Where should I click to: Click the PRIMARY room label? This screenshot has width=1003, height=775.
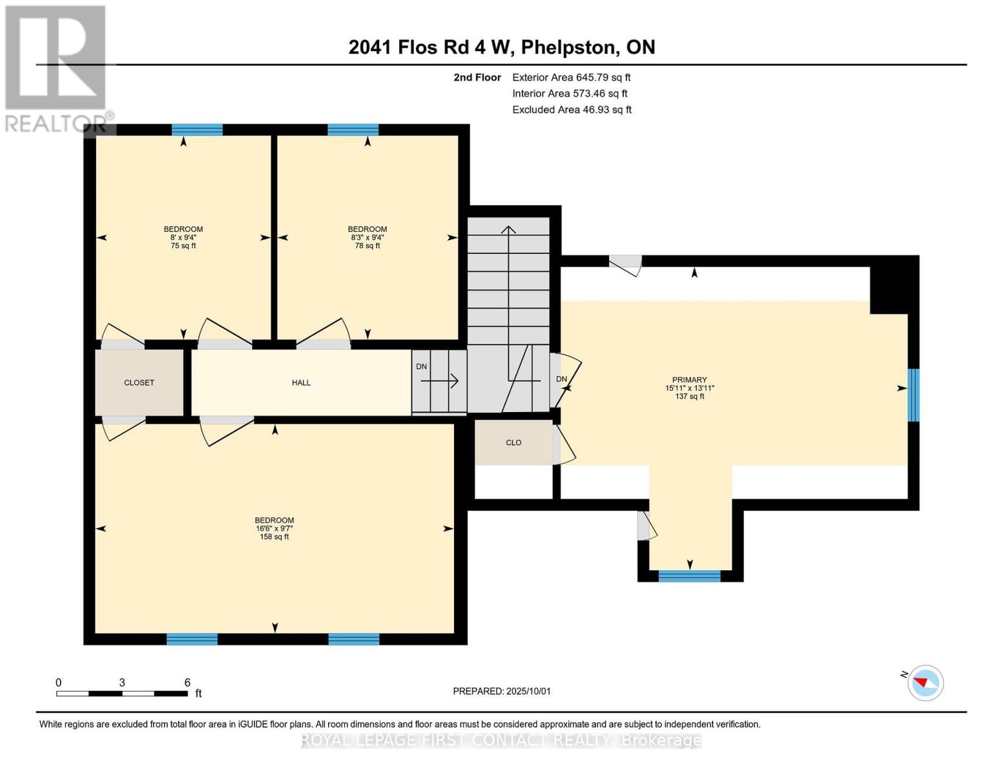tap(689, 380)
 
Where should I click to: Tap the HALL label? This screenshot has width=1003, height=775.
tap(301, 383)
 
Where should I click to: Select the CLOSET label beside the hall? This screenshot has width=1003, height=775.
tap(139, 383)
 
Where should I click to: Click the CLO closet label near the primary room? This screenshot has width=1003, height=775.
tap(513, 443)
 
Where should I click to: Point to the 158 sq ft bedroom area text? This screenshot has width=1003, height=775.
tap(274, 537)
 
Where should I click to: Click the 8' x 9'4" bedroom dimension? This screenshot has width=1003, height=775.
tap(183, 238)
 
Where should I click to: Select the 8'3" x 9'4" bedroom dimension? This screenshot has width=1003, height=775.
tap(367, 238)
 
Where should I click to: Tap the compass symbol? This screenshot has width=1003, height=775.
tap(925, 683)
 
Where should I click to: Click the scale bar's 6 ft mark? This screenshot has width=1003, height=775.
tap(187, 683)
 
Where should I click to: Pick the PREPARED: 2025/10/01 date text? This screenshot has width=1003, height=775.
tap(502, 691)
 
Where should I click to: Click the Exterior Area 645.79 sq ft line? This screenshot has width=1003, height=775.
tap(571, 77)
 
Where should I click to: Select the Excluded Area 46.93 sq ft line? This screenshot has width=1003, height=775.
tap(572, 110)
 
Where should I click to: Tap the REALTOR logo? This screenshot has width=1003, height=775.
tap(56, 68)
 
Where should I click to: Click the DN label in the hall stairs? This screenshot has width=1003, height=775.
tap(421, 367)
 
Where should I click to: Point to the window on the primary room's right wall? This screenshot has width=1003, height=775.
tap(913, 395)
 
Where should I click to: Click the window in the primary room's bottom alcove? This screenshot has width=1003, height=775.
tap(689, 576)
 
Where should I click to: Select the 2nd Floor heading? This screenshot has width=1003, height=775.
tap(477, 77)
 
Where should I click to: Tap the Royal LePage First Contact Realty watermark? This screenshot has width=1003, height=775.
tap(501, 740)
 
